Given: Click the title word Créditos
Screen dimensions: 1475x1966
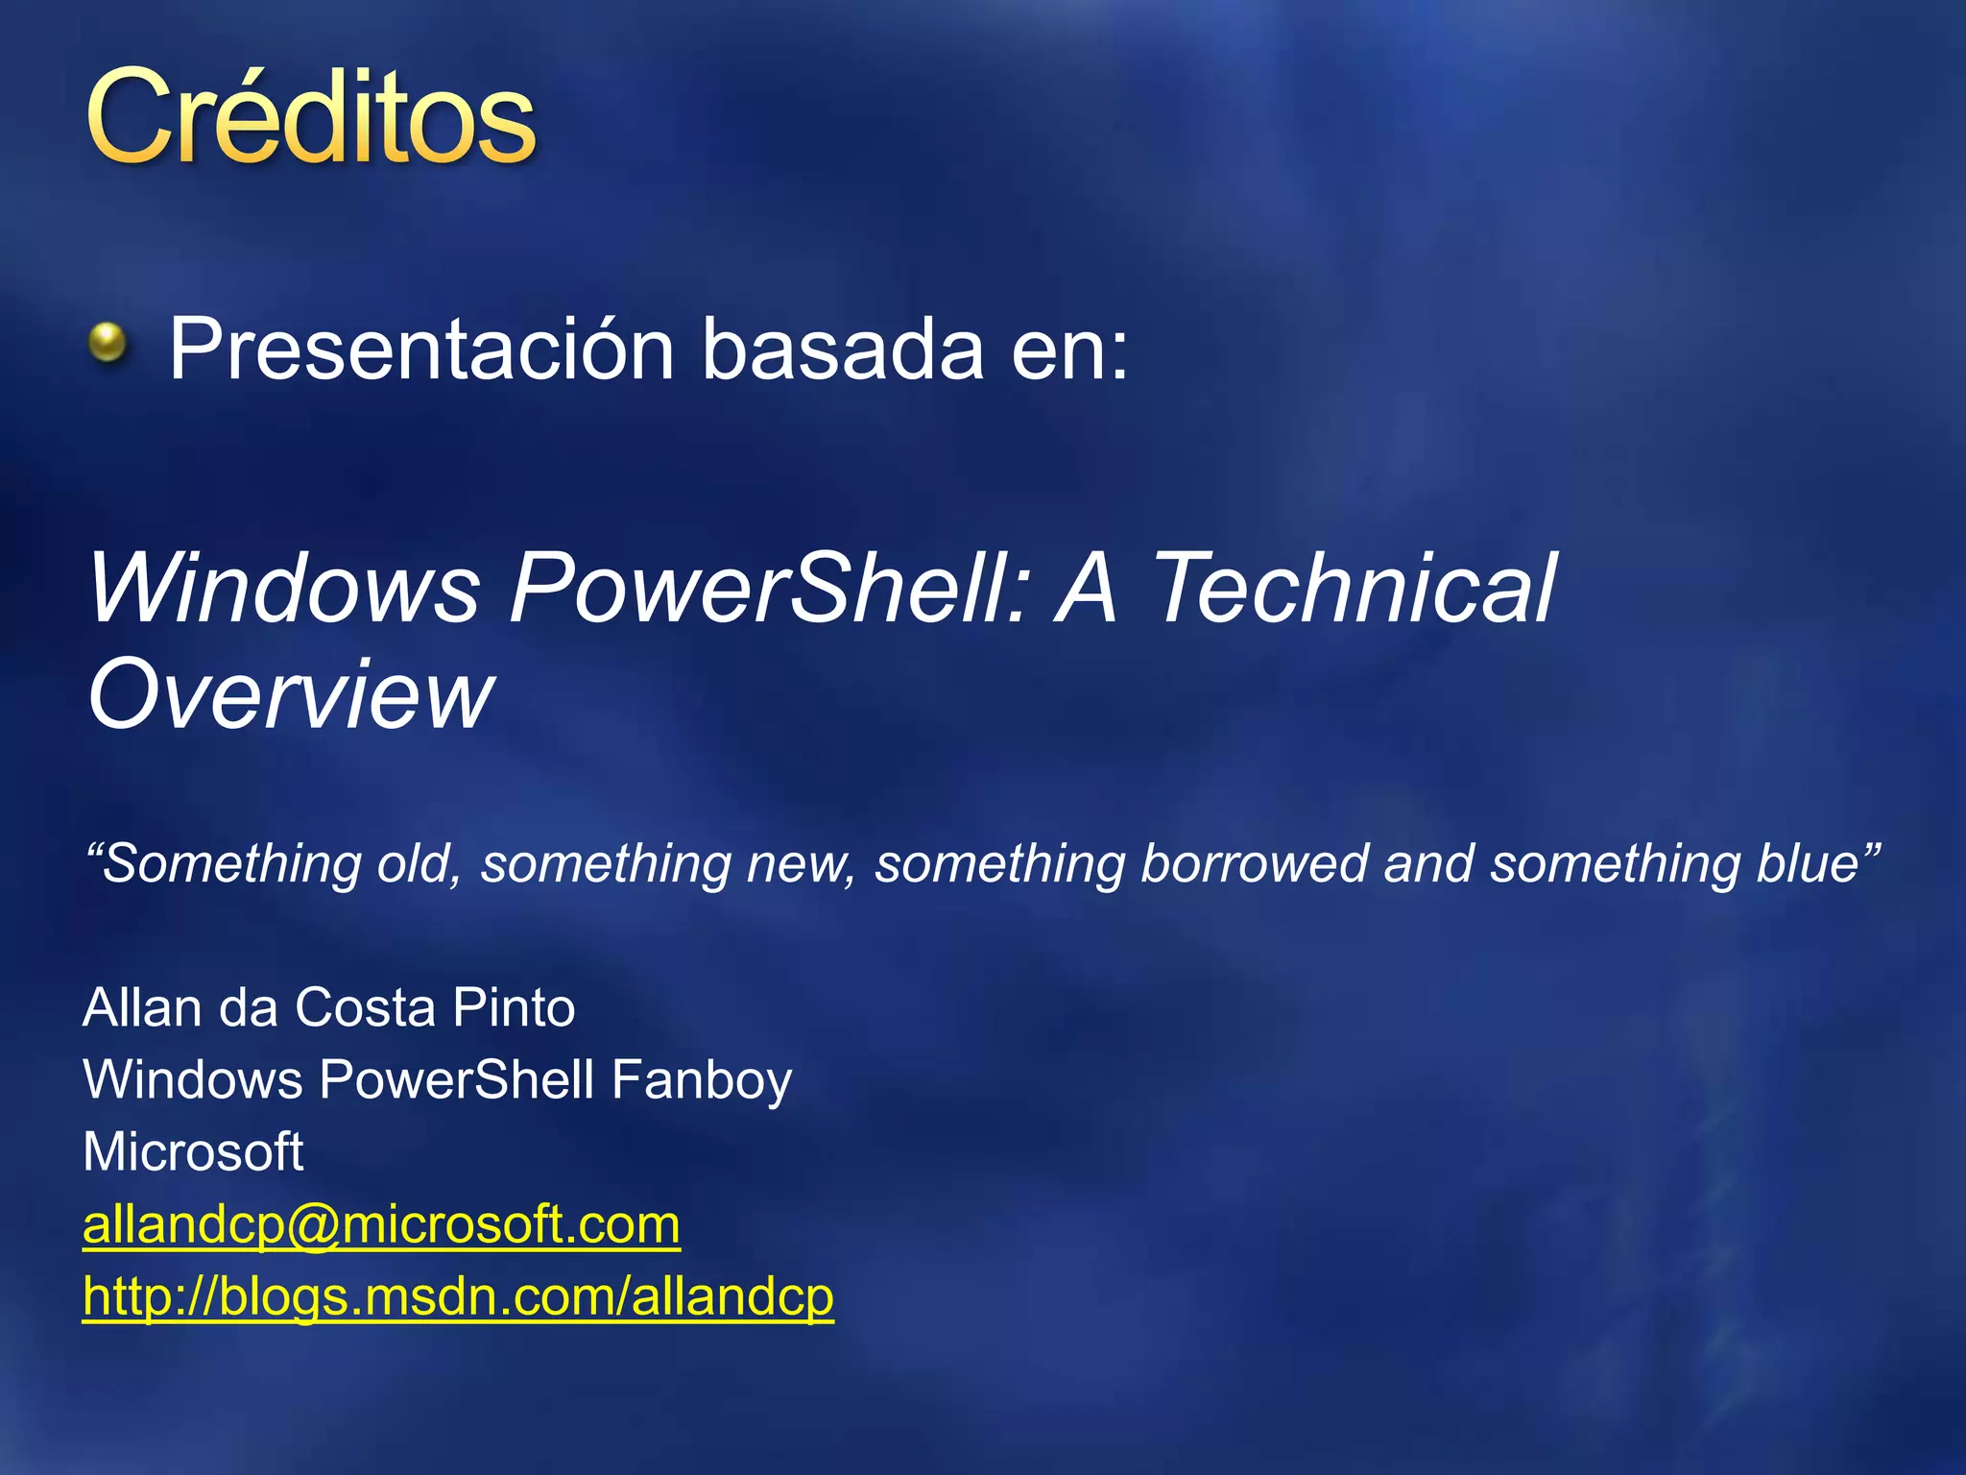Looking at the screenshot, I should [x=310, y=118].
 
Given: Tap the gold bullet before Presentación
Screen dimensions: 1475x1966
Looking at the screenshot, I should [x=108, y=343].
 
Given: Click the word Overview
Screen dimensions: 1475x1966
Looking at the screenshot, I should [x=290, y=693].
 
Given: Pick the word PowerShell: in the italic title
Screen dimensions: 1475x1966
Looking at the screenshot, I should [x=769, y=588].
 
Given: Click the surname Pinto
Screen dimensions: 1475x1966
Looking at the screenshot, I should [x=514, y=1008].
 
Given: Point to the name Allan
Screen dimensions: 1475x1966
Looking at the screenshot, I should [x=142, y=1008].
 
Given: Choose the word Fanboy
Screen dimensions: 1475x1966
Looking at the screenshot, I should [x=702, y=1080].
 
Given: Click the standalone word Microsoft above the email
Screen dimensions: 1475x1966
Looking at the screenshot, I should [x=193, y=1151].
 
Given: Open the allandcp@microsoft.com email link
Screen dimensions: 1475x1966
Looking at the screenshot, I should [x=381, y=1225].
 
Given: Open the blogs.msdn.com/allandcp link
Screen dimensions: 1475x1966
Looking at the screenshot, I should [x=458, y=1297].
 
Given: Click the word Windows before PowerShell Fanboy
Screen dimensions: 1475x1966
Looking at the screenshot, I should [x=192, y=1079].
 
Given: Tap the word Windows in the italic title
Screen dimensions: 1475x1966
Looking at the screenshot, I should [x=284, y=588].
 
